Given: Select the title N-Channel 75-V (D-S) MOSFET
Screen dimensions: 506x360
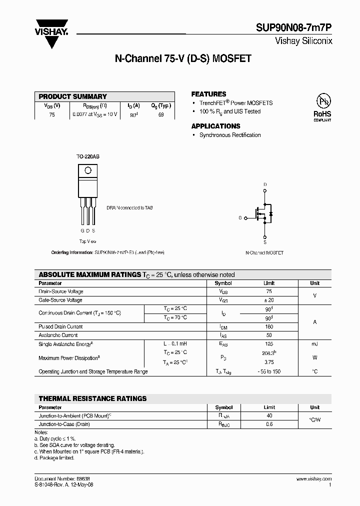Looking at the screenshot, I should point(183,58).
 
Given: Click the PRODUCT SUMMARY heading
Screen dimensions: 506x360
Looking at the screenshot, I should point(72,96).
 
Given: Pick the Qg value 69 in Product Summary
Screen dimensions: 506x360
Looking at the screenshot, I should point(160,114).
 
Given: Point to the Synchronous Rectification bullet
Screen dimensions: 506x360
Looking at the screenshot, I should point(229,135).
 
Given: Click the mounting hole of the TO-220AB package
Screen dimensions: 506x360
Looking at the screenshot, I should point(87,170).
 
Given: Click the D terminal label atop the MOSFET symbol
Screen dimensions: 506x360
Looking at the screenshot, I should point(265,184).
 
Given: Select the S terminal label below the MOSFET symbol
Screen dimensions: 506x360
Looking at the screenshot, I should point(265,242).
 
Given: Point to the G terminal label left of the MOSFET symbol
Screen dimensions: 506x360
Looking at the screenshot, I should point(240,218).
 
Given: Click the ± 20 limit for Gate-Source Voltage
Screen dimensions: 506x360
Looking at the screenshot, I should point(268,300).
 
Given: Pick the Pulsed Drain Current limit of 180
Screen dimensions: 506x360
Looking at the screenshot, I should point(268,326).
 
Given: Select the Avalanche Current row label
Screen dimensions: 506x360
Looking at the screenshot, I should point(58,335).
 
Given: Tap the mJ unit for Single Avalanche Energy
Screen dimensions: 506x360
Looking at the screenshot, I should point(314,344).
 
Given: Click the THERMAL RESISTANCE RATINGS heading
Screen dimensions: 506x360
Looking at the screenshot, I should point(92,398).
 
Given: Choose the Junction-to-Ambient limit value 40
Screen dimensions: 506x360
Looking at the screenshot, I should point(269,416).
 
